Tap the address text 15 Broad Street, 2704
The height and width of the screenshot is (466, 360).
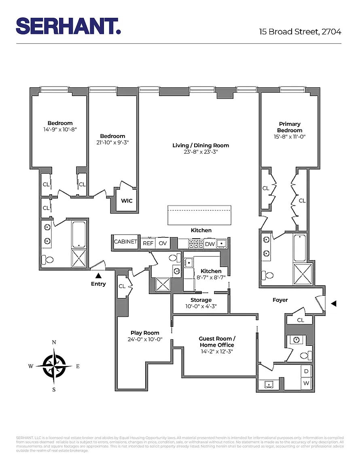[300, 32]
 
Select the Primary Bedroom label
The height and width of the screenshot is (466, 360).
[290, 127]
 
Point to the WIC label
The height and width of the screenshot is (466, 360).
[127, 201]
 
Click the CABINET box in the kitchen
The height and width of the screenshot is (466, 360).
[125, 242]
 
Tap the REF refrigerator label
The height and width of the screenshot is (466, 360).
[148, 244]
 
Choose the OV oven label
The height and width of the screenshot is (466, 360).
[163, 244]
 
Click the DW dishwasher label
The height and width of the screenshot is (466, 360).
[210, 244]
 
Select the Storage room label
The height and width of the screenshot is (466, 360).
[201, 300]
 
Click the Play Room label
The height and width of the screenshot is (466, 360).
[145, 333]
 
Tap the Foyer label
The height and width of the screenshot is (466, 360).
[280, 300]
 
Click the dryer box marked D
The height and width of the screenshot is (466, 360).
[306, 371]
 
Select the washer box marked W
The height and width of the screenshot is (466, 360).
[306, 383]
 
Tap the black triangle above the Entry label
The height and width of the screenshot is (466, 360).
[98, 275]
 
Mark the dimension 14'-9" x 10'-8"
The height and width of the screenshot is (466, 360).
[60, 130]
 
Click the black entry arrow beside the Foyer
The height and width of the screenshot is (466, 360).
[333, 303]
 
